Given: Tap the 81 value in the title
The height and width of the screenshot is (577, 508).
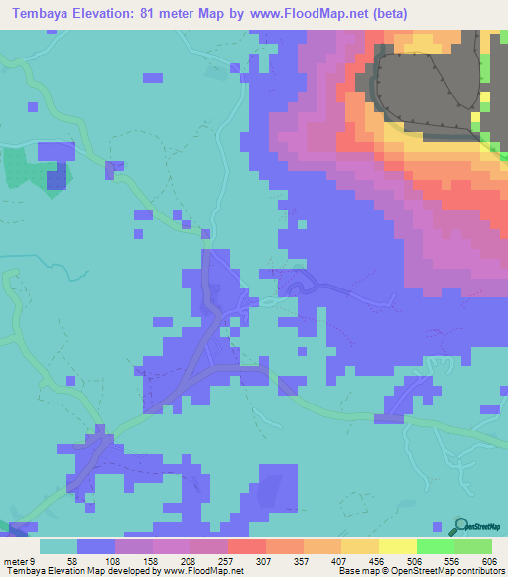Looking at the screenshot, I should [166, 14].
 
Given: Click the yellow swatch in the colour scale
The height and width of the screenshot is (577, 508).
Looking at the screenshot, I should [397, 546].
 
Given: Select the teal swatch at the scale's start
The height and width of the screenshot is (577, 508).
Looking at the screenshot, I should [59, 546].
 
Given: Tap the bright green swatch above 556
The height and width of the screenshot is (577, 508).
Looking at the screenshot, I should [435, 546].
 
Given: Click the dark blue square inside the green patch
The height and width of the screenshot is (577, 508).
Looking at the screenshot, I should [57, 177].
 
